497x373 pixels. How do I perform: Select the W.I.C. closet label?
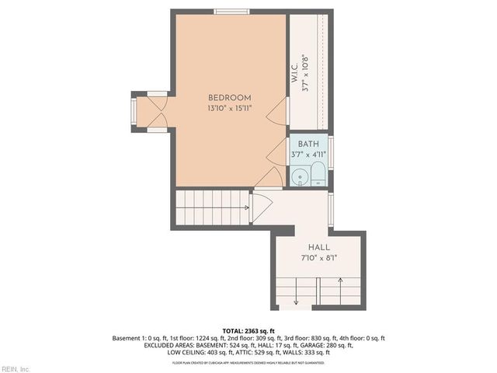296,73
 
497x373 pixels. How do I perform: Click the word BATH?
308,144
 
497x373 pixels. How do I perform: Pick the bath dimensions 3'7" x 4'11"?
308,155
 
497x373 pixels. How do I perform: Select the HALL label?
319,247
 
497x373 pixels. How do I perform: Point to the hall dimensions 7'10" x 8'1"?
319,258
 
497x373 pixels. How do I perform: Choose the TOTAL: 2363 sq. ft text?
248,331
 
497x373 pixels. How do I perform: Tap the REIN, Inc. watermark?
16,368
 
